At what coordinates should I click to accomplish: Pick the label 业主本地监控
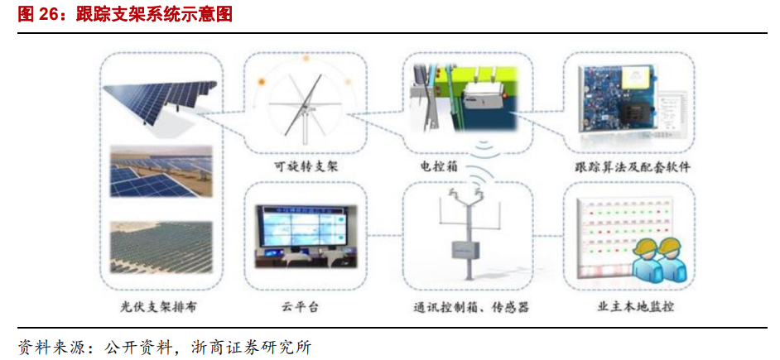635,307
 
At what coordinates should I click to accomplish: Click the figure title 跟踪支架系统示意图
153,15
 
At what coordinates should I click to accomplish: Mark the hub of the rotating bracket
306,108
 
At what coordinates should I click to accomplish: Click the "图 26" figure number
36,15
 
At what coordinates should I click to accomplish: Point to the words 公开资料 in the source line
137,345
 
